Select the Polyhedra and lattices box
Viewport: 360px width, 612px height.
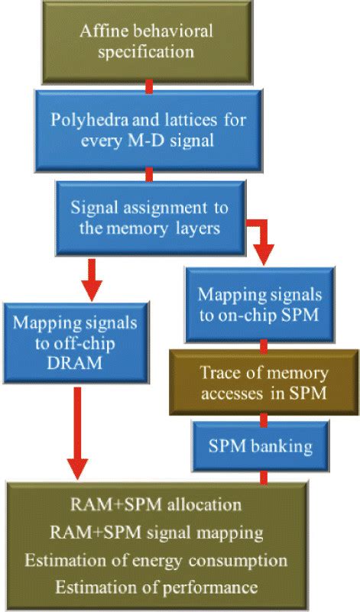149,131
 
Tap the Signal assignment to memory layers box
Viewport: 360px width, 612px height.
149,217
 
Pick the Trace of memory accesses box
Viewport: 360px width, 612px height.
264,383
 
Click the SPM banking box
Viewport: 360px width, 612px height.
264,445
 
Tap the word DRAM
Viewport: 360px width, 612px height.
75,364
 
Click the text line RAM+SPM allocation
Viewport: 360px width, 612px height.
156,505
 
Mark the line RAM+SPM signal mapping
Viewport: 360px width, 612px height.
156,533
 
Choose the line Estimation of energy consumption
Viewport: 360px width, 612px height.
156,560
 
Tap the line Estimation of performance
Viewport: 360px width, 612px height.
156,588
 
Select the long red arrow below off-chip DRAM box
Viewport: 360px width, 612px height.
76,432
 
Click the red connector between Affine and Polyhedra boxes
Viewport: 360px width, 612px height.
148,85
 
